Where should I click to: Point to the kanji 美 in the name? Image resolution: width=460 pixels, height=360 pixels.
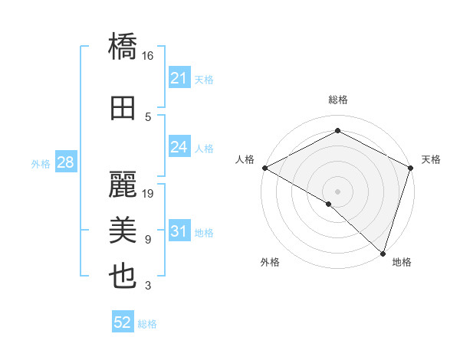point(123,230)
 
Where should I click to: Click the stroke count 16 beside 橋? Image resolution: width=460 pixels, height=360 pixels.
point(148,56)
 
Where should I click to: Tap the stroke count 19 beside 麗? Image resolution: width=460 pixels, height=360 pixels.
point(148,194)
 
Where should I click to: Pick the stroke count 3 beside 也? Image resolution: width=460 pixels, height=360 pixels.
point(148,286)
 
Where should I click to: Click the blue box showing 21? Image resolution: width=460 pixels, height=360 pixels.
point(179,77)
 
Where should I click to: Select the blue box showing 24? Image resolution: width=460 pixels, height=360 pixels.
point(179,147)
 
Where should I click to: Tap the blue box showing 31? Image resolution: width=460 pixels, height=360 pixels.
point(179,231)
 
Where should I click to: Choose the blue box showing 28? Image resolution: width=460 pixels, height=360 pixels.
point(65,162)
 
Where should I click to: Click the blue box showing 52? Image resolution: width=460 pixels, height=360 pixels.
point(122,323)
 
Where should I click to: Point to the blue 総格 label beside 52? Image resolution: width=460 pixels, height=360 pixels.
point(147,324)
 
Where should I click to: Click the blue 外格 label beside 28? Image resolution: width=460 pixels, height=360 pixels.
point(41,163)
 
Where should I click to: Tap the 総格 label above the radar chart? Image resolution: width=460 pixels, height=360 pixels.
point(337,100)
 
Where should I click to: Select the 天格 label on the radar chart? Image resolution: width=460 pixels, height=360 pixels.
point(431,159)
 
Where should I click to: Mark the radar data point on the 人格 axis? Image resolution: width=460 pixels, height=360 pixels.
point(264,168)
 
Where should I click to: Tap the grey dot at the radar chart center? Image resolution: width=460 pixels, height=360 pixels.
point(337,191)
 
